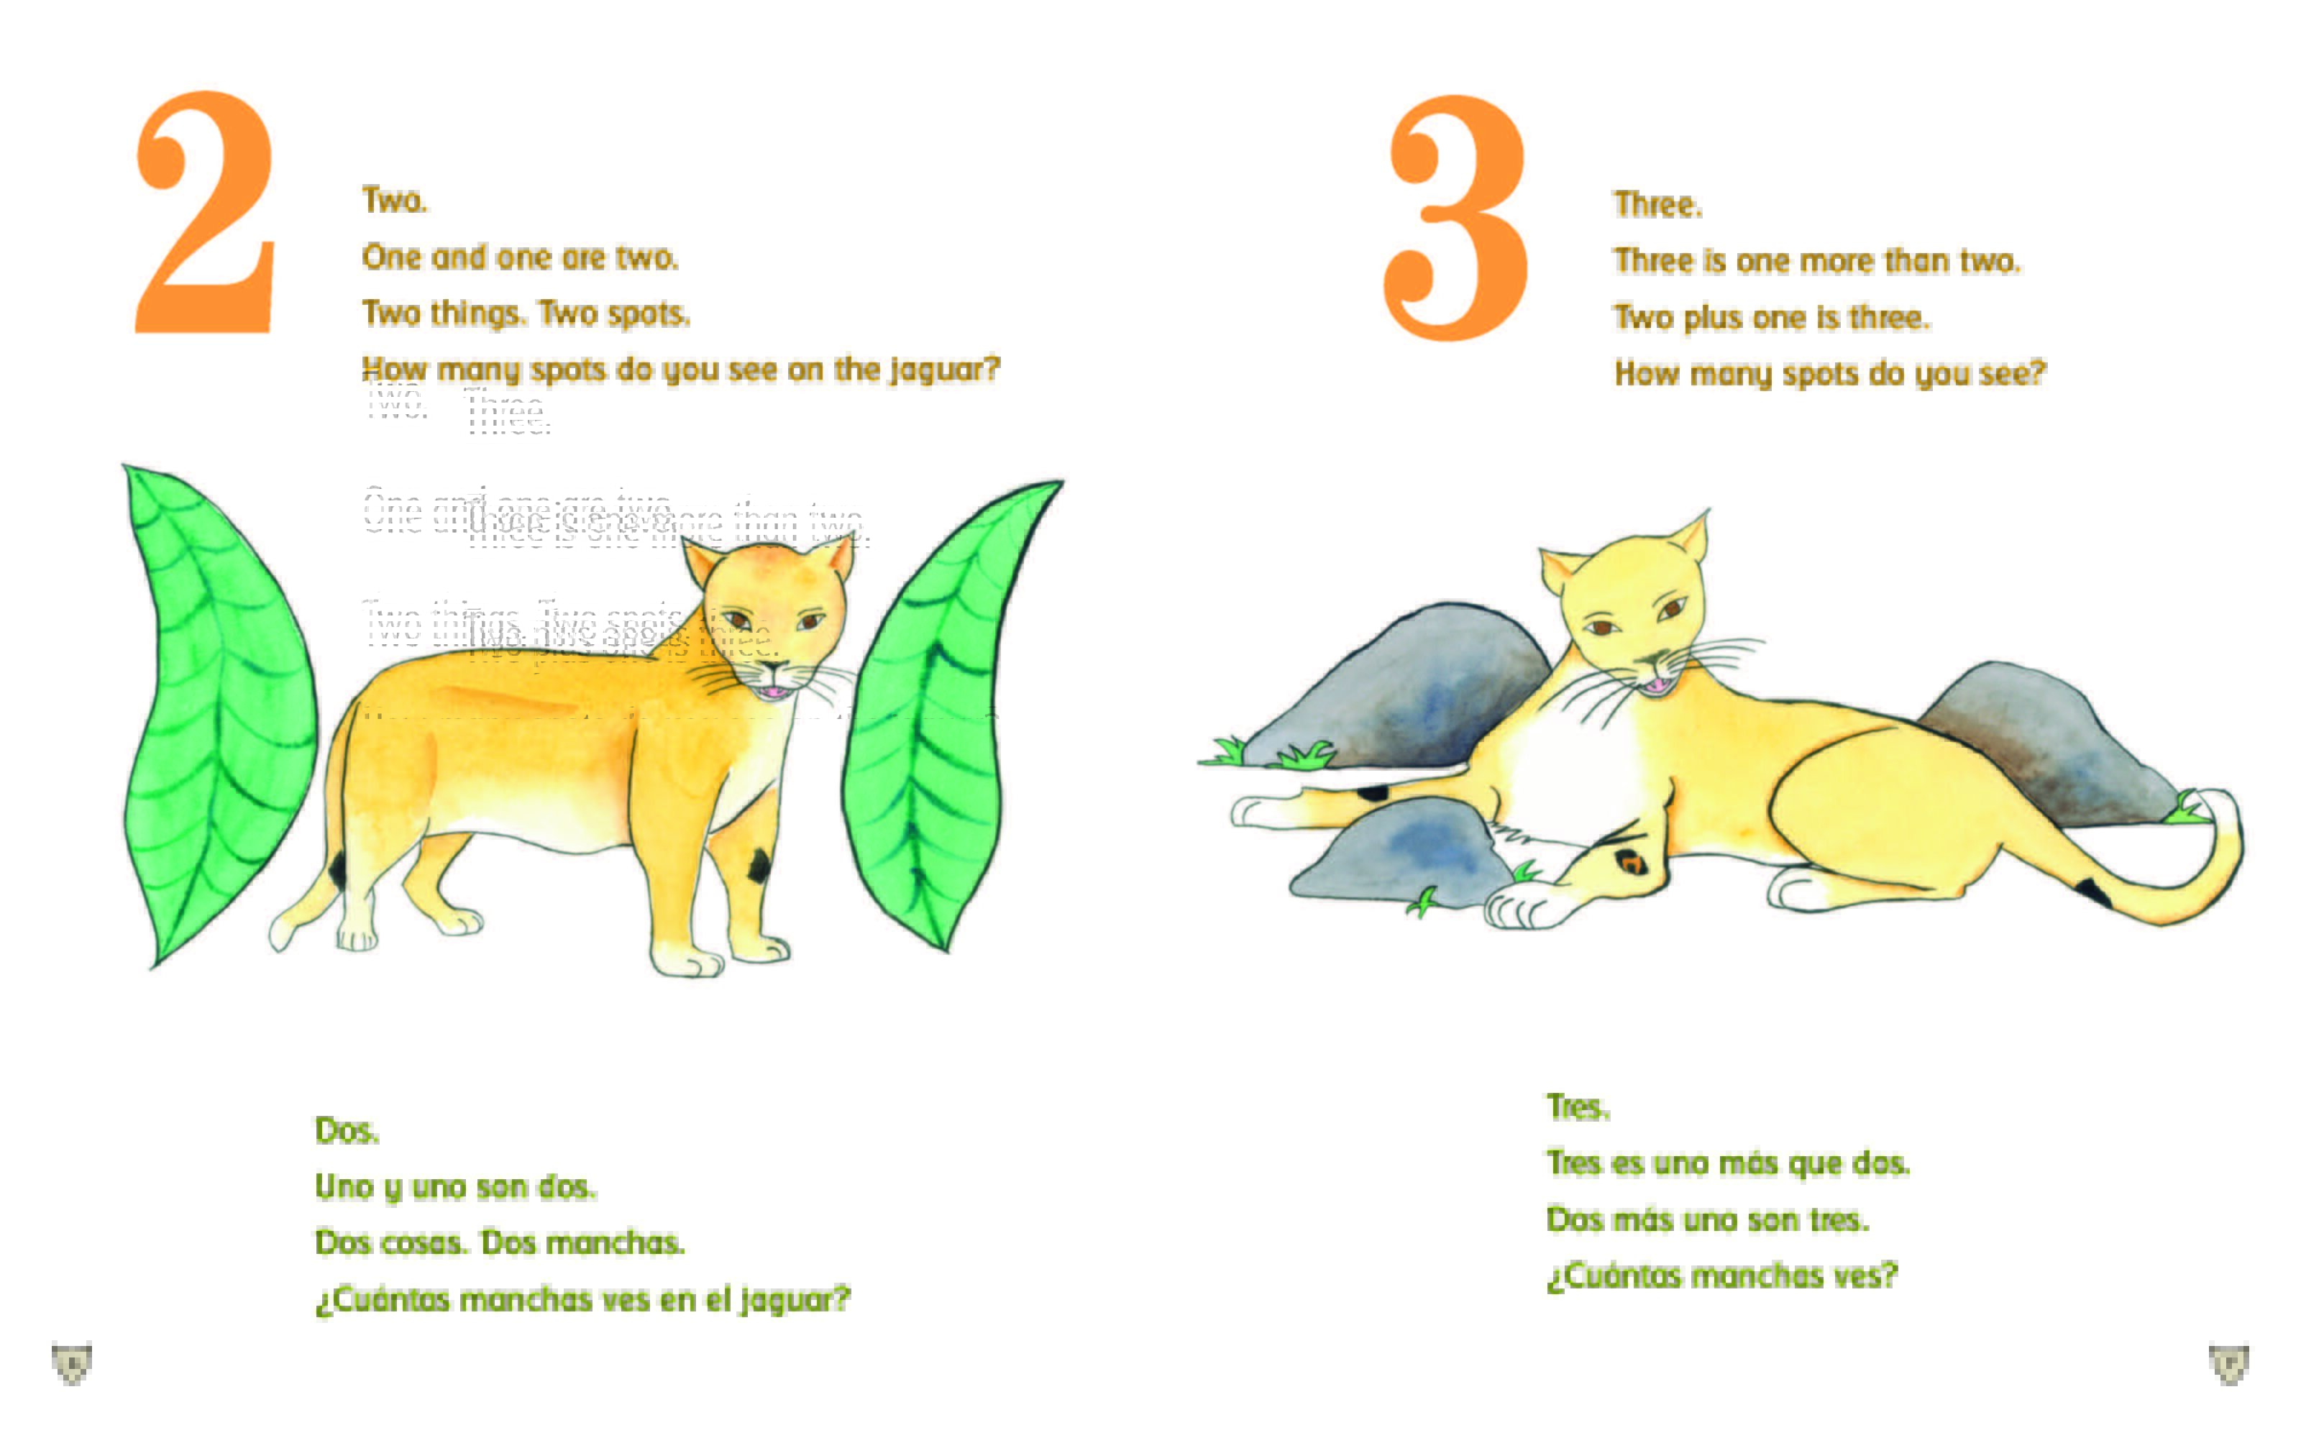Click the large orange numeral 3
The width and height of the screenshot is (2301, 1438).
[x=1455, y=219]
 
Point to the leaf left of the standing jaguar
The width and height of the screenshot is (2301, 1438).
[x=219, y=713]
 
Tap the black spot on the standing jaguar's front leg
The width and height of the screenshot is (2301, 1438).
[x=759, y=866]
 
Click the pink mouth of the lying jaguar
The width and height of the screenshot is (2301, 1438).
[x=1659, y=684]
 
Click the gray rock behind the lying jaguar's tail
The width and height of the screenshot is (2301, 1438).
[x=2044, y=742]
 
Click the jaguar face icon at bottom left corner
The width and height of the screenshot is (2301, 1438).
[x=71, y=1363]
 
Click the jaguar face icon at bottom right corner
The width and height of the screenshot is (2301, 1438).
[x=2228, y=1364]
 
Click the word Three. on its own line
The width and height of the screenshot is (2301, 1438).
[x=1658, y=204]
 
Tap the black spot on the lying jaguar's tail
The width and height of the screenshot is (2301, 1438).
[x=2092, y=891]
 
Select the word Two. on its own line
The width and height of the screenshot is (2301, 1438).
[x=395, y=201]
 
